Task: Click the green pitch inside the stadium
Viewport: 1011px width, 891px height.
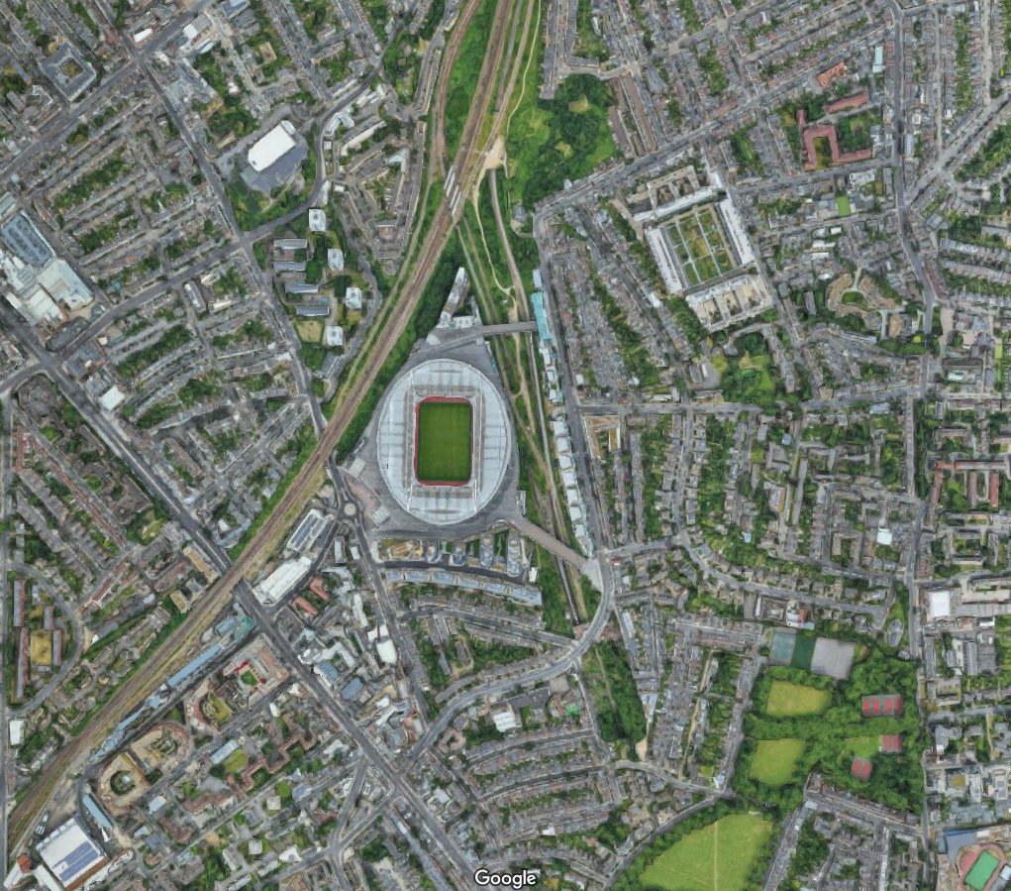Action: coord(444,441)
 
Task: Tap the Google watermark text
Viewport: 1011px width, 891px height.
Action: coord(505,877)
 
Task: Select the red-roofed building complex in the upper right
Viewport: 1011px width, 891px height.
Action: coord(827,139)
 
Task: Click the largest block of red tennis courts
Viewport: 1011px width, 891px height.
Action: coord(881,705)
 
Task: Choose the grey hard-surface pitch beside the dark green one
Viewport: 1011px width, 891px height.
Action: coord(832,656)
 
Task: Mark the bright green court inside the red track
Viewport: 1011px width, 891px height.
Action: coord(982,869)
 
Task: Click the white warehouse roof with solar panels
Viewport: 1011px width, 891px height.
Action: coord(69,852)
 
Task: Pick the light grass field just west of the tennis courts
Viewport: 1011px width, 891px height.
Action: coord(797,699)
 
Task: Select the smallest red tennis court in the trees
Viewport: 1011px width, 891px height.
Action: coord(860,768)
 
